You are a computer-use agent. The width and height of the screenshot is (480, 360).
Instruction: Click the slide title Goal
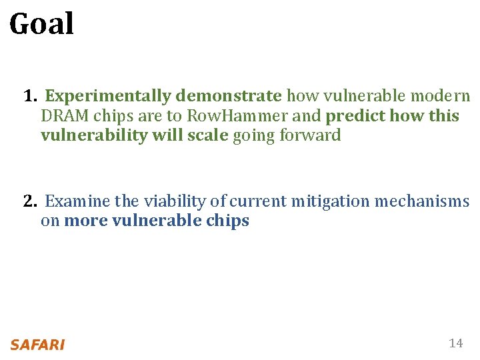[x=41, y=25]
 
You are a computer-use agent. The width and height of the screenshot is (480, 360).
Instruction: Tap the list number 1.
[x=29, y=97]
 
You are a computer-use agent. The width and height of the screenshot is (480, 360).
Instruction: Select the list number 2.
[x=29, y=201]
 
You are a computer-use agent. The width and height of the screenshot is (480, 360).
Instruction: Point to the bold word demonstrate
[x=229, y=97]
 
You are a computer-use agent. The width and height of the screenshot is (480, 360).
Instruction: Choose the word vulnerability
[x=89, y=136]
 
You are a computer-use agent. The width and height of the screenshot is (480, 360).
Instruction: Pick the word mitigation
[x=328, y=201]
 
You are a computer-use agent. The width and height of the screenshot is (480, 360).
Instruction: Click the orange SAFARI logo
[x=37, y=345]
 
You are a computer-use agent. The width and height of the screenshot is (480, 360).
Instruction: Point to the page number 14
[x=456, y=343]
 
